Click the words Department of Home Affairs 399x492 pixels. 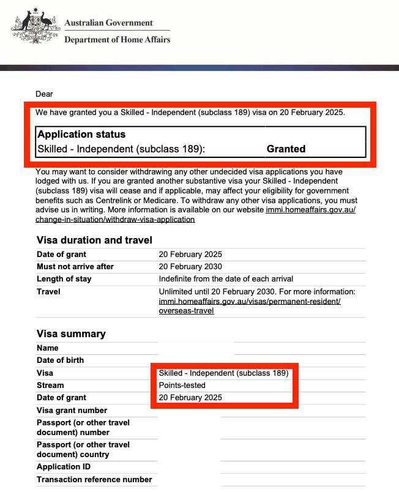(x=117, y=40)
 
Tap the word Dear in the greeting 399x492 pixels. (x=44, y=94)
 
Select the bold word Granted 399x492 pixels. (x=286, y=149)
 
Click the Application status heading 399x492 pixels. (x=81, y=135)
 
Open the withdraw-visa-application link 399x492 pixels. (x=115, y=219)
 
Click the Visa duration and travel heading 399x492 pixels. (x=94, y=240)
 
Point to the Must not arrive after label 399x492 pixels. (x=75, y=267)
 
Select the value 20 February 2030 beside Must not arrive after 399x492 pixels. (x=190, y=267)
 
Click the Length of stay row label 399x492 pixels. (x=64, y=279)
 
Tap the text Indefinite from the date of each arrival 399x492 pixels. (x=226, y=279)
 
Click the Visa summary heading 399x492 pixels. (x=71, y=334)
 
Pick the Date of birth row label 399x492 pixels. (x=60, y=360)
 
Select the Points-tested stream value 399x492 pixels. (x=182, y=386)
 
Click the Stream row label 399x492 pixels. (x=50, y=386)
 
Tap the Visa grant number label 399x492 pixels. (x=72, y=411)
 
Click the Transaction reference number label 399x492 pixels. (x=94, y=480)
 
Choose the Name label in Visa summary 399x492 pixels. (x=48, y=348)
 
